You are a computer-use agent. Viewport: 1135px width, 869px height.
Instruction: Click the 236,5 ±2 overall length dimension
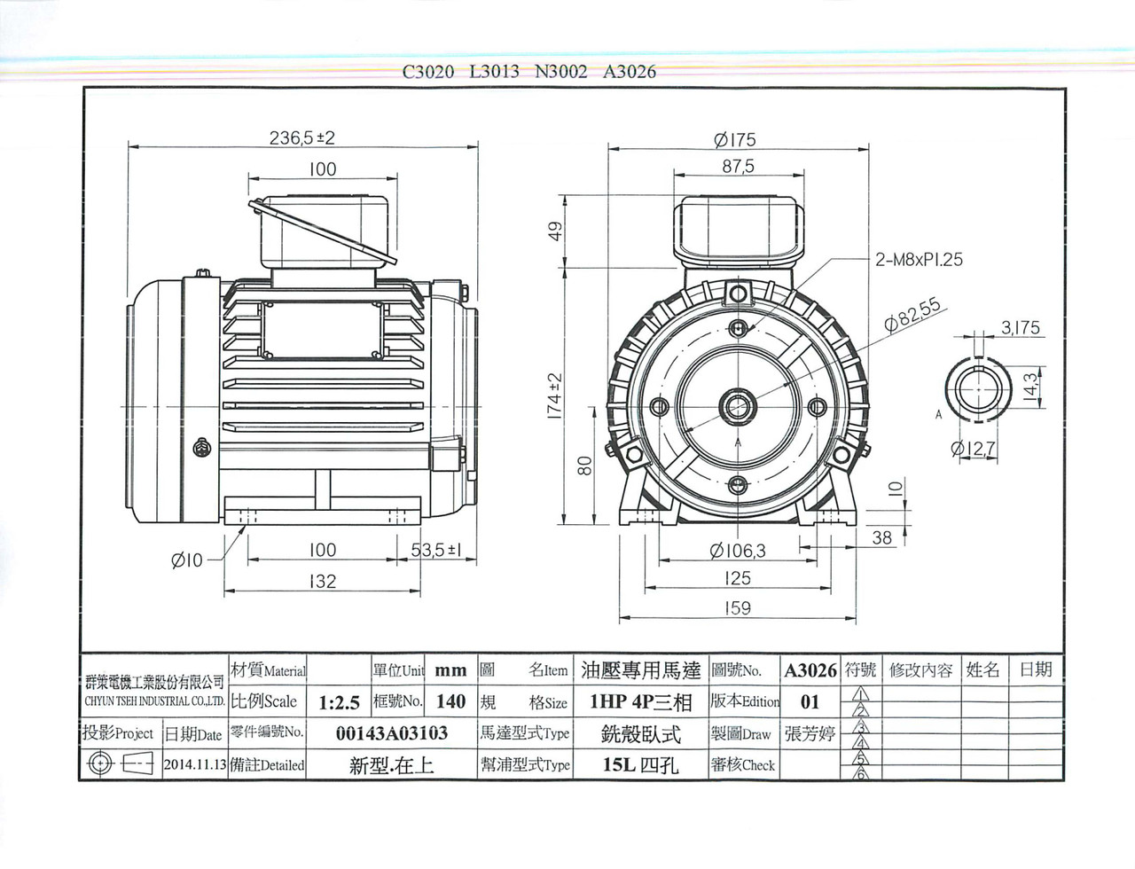[x=301, y=137]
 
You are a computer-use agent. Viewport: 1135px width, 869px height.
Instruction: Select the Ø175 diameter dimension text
[x=735, y=139]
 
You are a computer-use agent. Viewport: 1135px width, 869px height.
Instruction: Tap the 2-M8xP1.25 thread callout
[x=919, y=260]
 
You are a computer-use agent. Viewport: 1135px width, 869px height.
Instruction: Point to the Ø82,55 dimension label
[x=912, y=315]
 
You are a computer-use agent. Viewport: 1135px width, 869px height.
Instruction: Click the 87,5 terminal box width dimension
[x=738, y=167]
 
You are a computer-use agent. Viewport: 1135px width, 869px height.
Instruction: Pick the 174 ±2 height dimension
[x=555, y=396]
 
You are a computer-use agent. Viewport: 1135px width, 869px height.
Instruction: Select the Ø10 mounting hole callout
[x=186, y=561]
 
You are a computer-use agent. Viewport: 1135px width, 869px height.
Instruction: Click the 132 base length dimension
[x=323, y=581]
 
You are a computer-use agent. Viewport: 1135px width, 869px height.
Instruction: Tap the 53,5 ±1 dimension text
[x=436, y=550]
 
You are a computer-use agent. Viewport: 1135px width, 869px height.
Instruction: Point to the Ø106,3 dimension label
[x=738, y=551]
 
